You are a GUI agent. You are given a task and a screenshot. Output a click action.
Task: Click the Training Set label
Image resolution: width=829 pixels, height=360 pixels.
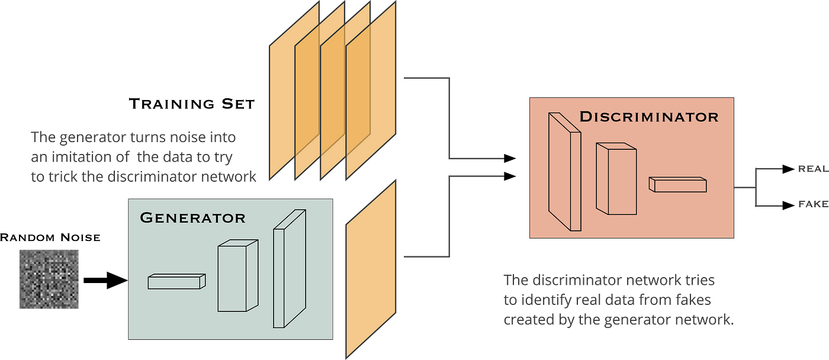pyautogui.click(x=192, y=104)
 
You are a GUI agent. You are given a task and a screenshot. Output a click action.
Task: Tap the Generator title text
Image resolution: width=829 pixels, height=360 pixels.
pyautogui.click(x=192, y=217)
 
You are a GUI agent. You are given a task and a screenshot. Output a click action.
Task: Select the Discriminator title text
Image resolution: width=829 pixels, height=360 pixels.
pyautogui.click(x=649, y=117)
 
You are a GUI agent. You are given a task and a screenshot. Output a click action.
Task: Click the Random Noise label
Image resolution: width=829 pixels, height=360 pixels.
pyautogui.click(x=50, y=237)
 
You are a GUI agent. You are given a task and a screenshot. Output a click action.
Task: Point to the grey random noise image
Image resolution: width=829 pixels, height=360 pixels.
pyautogui.click(x=49, y=279)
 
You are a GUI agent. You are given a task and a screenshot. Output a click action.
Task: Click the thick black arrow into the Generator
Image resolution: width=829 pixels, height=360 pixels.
pyautogui.click(x=106, y=281)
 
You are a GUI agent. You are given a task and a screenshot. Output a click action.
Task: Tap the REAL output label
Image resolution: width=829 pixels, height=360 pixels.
pyautogui.click(x=813, y=169)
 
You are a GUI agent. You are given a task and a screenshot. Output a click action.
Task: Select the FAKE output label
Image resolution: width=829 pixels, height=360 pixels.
pyautogui.click(x=813, y=204)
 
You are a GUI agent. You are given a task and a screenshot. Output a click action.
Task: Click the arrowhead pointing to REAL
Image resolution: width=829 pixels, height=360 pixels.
pyautogui.click(x=789, y=169)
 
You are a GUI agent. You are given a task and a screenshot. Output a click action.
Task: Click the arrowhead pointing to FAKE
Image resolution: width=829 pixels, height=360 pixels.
pyautogui.click(x=789, y=205)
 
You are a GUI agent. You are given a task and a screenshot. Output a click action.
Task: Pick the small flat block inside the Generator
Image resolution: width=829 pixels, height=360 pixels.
pyautogui.click(x=176, y=281)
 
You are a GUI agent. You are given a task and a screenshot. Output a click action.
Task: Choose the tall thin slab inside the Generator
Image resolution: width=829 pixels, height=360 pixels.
pyautogui.click(x=290, y=269)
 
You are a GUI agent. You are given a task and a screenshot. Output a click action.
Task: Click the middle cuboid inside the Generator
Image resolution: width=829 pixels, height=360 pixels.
pyautogui.click(x=238, y=276)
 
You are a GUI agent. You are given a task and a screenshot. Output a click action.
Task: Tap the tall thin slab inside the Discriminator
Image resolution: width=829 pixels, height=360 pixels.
pyautogui.click(x=565, y=172)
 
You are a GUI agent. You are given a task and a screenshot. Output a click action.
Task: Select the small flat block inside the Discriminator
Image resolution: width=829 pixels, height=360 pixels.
pyautogui.click(x=677, y=184)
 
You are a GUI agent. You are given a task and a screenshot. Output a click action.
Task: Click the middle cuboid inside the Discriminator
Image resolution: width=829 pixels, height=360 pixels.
pyautogui.click(x=616, y=179)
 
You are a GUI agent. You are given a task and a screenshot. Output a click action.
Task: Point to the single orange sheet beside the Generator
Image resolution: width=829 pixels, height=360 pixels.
pyautogui.click(x=371, y=269)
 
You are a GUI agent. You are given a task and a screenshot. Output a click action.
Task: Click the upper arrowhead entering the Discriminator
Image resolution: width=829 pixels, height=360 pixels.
pyautogui.click(x=510, y=158)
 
